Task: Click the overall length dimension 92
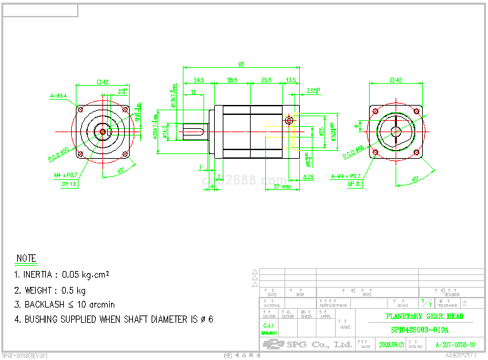241,64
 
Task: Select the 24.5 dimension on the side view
199,80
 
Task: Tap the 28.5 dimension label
232,80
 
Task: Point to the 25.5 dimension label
266,80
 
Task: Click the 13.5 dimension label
291,80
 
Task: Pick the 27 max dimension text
283,187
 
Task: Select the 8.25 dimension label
308,177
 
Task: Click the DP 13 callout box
69,183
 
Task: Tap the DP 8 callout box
353,183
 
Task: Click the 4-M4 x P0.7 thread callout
345,175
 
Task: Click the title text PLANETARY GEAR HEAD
425,316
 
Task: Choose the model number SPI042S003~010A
420,329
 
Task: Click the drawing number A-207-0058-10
455,345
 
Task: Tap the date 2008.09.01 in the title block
391,345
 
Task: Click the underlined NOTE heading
27,258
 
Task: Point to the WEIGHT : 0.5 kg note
50,290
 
